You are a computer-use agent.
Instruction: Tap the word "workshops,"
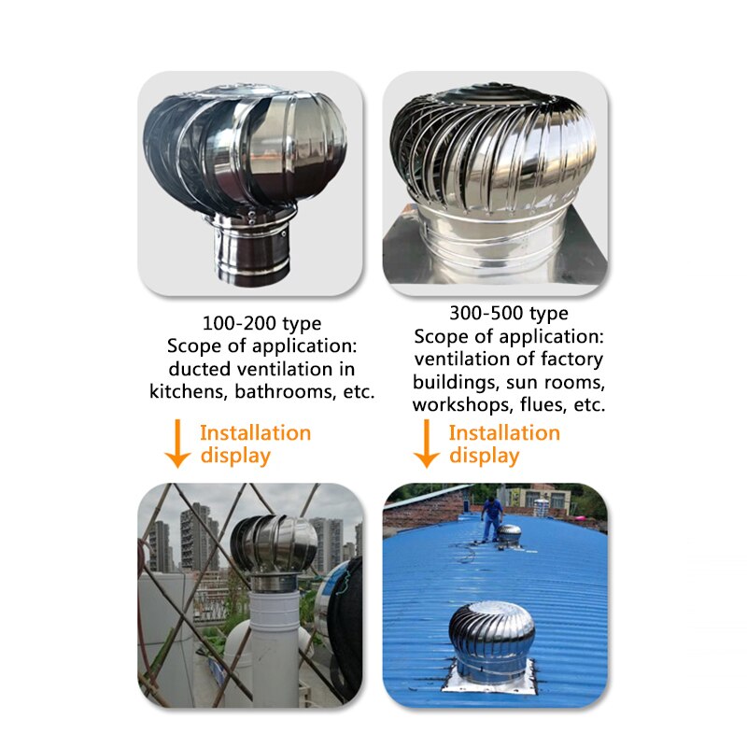pos(462,405)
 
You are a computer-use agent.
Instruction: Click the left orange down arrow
pos(177,444)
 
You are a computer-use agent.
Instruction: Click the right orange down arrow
pos(427,444)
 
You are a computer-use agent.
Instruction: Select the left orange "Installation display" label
pos(254,444)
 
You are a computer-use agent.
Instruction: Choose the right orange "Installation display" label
pos(503,444)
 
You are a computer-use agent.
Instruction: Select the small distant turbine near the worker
pos(510,533)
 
